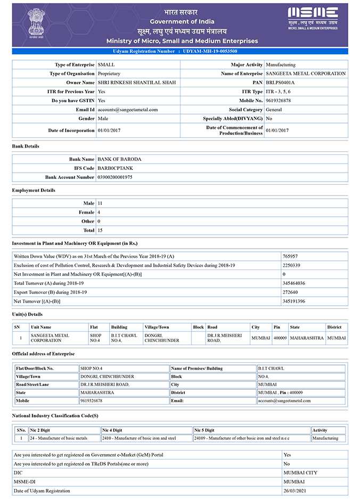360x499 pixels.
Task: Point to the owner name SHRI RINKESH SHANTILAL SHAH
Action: click(x=136, y=83)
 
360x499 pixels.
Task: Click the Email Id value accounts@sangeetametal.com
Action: click(x=128, y=110)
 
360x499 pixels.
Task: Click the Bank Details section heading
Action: click(x=26, y=146)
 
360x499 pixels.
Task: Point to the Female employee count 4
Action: click(x=99, y=212)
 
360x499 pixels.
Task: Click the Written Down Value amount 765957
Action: click(x=290, y=256)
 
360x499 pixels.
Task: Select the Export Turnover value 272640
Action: click(x=290, y=292)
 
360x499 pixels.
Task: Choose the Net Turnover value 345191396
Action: click(x=293, y=301)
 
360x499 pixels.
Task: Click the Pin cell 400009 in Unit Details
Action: click(x=280, y=338)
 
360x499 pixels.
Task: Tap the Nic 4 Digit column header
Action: click(x=113, y=430)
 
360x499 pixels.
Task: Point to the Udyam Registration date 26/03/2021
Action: click(x=294, y=490)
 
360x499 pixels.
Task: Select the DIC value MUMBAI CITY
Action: click(x=300, y=472)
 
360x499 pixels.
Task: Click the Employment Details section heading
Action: click(x=34, y=190)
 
